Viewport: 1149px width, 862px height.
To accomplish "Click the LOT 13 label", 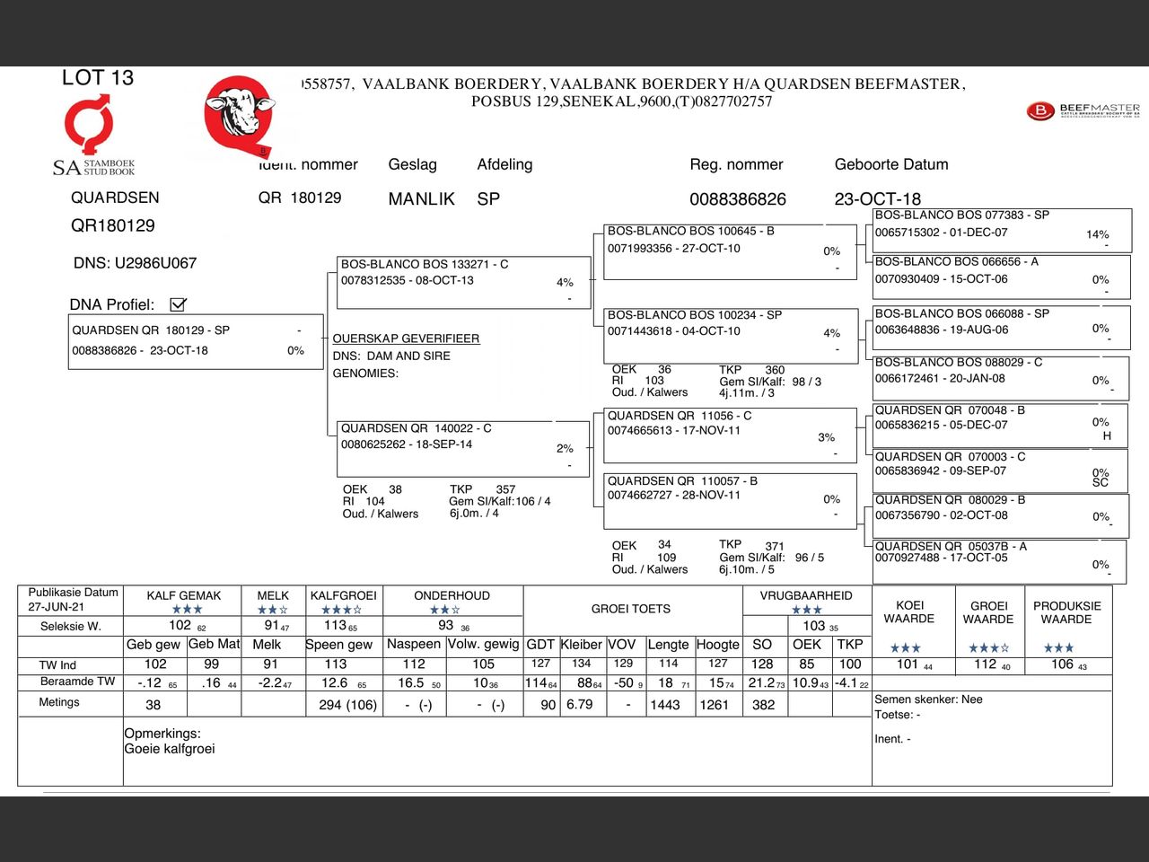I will (x=97, y=78).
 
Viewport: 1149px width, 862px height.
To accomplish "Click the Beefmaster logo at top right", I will (x=1083, y=111).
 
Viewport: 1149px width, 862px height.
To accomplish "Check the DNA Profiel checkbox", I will (x=179, y=304).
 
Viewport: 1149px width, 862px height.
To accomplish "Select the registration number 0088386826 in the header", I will (x=737, y=199).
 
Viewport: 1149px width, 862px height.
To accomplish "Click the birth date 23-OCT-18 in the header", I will (x=877, y=199).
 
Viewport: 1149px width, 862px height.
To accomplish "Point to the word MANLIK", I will (x=421, y=199).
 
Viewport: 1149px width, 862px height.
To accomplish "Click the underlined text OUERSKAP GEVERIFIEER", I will (x=406, y=339).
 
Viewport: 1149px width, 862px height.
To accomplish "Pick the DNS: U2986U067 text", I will (x=135, y=263).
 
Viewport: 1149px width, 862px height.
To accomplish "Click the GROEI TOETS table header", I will (x=630, y=609).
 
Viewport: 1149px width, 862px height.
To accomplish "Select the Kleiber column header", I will (x=582, y=644).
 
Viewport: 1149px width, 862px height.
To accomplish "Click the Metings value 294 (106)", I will (x=347, y=705).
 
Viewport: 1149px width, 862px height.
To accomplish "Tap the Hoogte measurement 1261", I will (x=714, y=705).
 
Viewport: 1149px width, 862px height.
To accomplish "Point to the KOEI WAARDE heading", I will (x=908, y=611).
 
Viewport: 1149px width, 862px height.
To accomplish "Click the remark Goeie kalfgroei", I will (x=170, y=749).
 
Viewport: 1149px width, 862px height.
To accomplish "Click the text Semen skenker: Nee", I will (x=928, y=699).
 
